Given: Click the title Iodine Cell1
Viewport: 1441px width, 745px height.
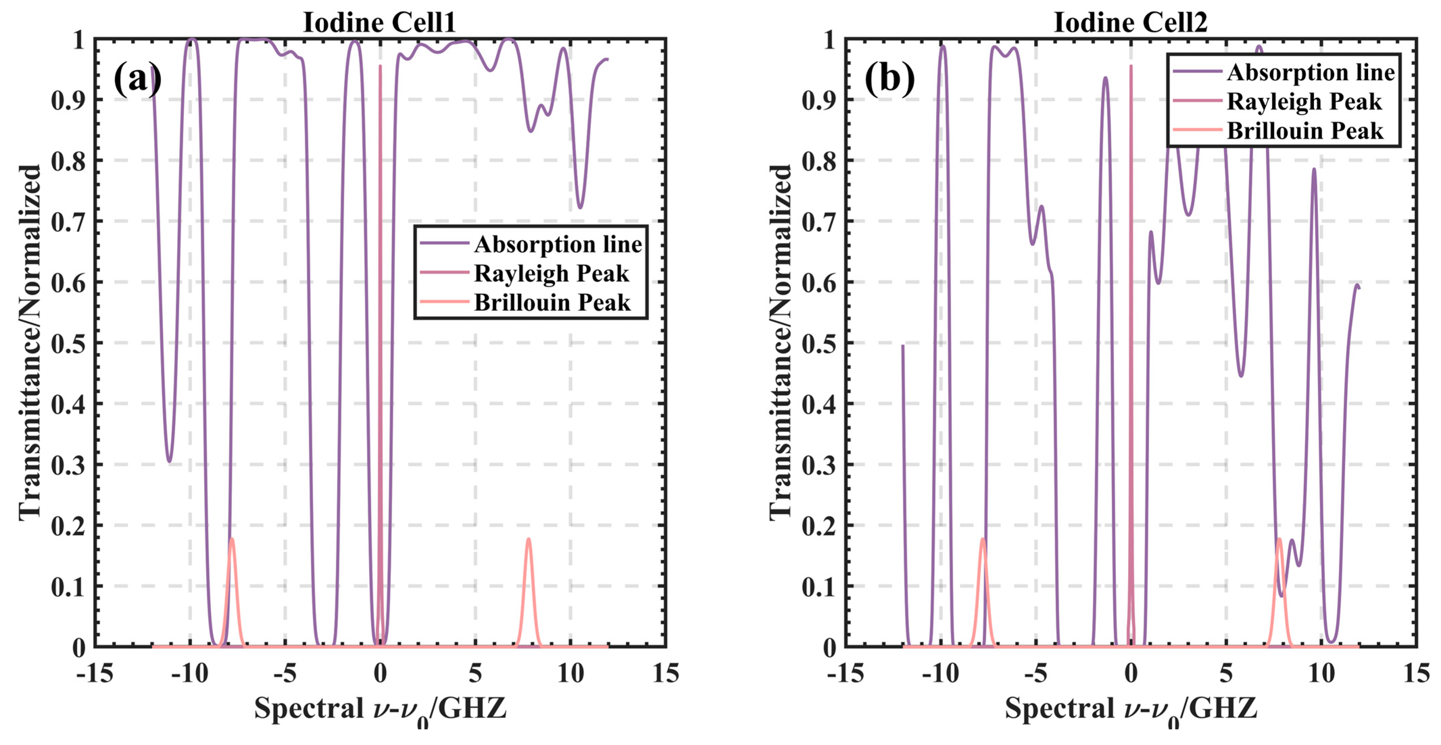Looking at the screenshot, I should [x=379, y=22].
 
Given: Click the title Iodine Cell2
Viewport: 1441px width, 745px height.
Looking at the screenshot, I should [x=1130, y=22].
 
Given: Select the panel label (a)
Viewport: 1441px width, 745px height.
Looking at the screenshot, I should [x=138, y=78].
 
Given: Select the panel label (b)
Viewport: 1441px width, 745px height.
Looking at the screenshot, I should [x=890, y=78].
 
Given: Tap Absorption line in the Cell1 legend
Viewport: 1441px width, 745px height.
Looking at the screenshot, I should [x=558, y=244].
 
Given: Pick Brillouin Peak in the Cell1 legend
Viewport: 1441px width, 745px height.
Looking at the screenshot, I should [x=552, y=303].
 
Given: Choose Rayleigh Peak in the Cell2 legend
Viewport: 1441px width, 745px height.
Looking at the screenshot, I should [x=1304, y=102].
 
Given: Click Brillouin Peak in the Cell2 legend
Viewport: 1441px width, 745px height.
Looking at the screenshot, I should [x=1305, y=131].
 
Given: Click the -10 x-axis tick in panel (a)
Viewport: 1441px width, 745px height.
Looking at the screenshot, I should [x=190, y=673].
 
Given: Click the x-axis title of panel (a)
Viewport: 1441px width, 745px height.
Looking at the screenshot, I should [x=380, y=709].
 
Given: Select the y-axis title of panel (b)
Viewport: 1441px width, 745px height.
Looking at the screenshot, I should [x=780, y=342].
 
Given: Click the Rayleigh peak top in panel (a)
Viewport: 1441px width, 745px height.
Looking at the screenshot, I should [x=380, y=66].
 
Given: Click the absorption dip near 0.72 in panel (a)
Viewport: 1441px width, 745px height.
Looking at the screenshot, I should [x=580, y=207].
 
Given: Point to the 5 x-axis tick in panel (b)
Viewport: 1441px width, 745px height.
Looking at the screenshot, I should [x=1226, y=673].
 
